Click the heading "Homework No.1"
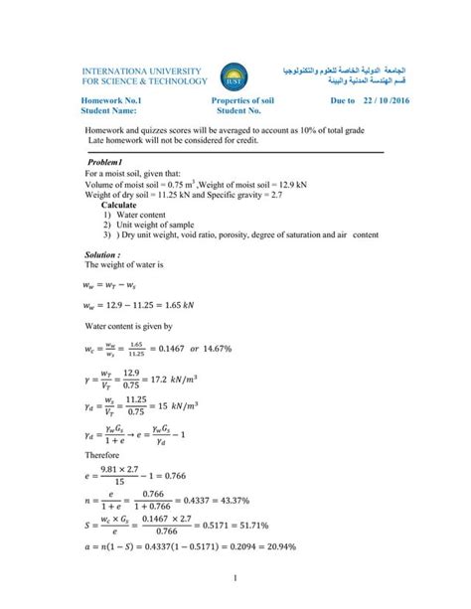[110, 101]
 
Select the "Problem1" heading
[103, 162]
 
